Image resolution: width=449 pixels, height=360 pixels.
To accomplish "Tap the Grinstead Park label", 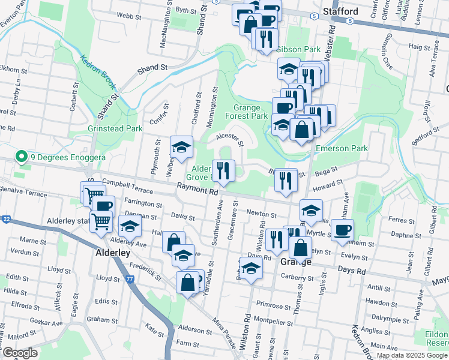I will [x=115, y=128].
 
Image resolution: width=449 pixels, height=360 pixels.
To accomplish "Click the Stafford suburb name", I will [x=340, y=11].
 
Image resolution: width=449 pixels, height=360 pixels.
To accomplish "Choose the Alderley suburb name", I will [x=113, y=253].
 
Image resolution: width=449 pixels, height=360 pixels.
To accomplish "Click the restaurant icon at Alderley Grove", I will [x=223, y=170].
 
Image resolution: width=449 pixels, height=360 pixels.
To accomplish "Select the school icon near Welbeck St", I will [x=181, y=148].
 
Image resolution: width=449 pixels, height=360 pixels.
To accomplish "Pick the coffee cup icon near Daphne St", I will [x=342, y=230].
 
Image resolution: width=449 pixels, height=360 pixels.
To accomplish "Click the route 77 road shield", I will [x=130, y=279].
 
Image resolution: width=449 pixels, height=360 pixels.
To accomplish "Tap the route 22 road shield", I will [x=5, y=220].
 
